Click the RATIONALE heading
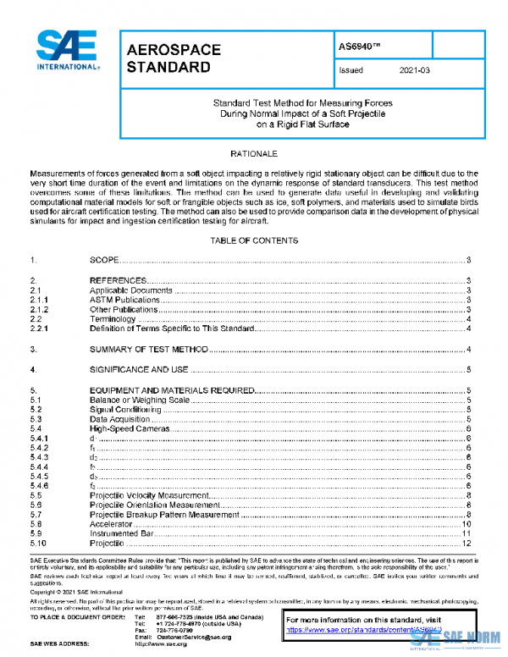[x=253, y=154]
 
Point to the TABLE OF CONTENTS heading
[x=253, y=240]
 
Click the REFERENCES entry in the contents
[x=119, y=280]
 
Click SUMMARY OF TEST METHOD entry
[x=148, y=349]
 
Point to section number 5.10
[x=37, y=544]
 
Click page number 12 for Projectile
[x=466, y=544]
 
